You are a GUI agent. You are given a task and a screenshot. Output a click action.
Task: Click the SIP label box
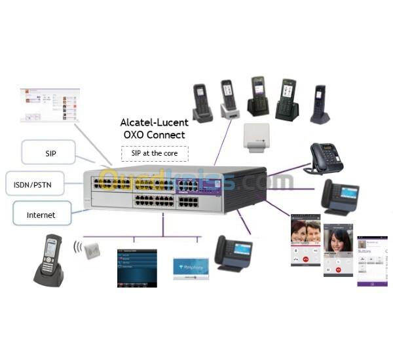[x=49, y=152]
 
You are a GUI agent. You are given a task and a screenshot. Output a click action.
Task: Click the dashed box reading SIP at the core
[x=155, y=153]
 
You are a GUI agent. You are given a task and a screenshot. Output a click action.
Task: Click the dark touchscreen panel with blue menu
[x=138, y=268]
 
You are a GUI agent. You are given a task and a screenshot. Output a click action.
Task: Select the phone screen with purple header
[x=371, y=261]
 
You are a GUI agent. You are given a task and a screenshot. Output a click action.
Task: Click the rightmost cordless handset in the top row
[x=319, y=104]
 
